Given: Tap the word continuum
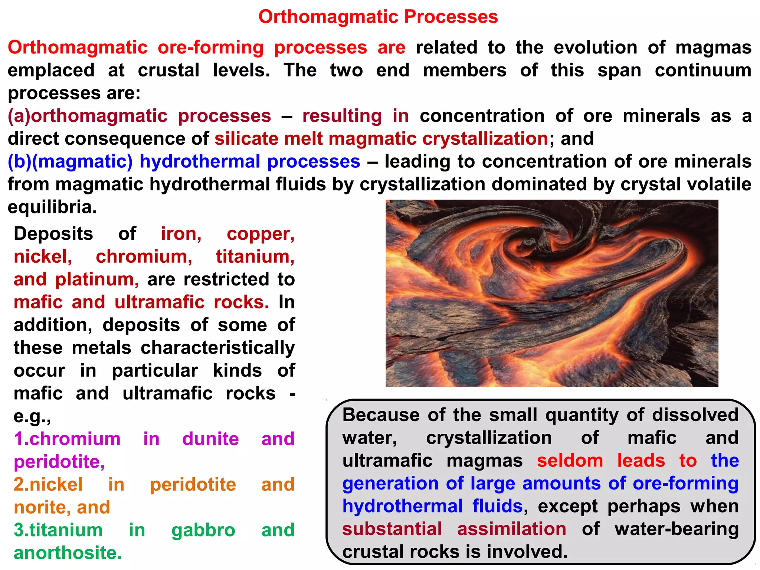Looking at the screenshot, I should point(703,71).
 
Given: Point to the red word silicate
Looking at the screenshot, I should point(246,139).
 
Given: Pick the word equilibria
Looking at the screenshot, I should point(52,207).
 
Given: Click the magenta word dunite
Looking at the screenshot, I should point(210,439).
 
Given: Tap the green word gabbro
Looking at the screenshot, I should point(203,530).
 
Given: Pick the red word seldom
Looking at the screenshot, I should point(570,461).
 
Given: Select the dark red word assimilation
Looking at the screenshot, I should point(511,529).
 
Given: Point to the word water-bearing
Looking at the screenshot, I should point(676,529).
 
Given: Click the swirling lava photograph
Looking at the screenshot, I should point(551,293).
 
